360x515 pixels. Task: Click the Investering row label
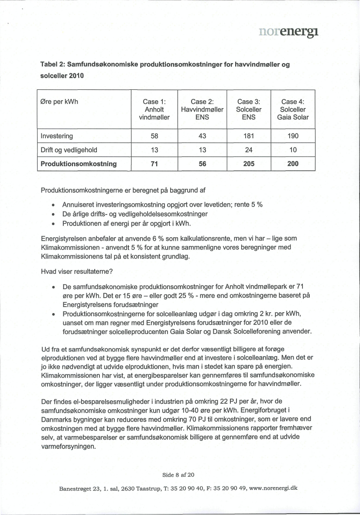pyautogui.click(x=57, y=136)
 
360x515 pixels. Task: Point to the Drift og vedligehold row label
pyautogui.click(x=69, y=150)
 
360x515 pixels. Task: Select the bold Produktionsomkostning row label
pyautogui.click(x=79, y=164)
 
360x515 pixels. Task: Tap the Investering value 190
pyautogui.click(x=293, y=136)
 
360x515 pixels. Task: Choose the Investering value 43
pyautogui.click(x=202, y=136)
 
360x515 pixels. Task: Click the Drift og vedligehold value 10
pyautogui.click(x=293, y=150)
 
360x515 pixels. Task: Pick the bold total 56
pyautogui.click(x=202, y=164)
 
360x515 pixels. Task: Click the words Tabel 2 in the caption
pyautogui.click(x=53, y=64)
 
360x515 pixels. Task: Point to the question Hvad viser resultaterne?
pyautogui.click(x=77, y=271)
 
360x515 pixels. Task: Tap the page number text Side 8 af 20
pyautogui.click(x=180, y=475)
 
